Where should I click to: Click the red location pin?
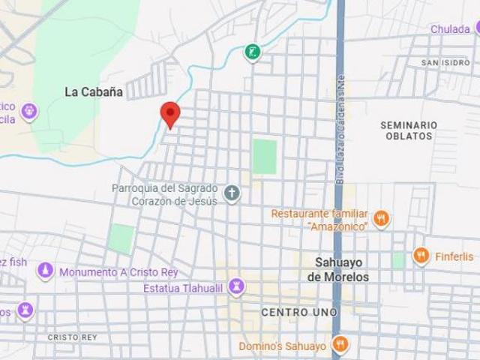tap(171, 114)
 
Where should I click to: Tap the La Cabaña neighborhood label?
tap(94, 91)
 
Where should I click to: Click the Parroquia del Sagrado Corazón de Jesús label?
tap(166, 194)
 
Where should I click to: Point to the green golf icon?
tap(253, 52)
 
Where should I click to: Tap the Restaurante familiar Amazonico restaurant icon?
tap(382, 219)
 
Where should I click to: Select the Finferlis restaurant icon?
tap(421, 256)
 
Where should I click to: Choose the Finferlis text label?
tap(453, 256)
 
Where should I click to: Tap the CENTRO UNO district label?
tap(299, 311)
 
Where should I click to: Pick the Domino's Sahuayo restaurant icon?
tap(341, 346)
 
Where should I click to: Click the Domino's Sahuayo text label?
tap(282, 346)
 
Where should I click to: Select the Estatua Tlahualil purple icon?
tap(237, 286)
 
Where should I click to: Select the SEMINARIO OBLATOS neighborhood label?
tap(409, 130)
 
